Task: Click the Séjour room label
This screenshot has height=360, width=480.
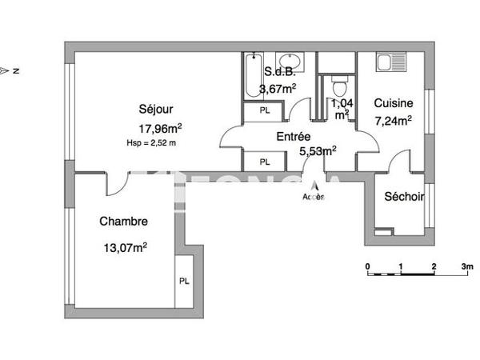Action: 156,110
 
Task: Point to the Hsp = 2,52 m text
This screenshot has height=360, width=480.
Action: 151,142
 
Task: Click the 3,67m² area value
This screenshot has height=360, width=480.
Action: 290,88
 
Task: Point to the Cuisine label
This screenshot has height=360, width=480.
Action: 393,103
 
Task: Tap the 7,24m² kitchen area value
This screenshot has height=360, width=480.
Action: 393,121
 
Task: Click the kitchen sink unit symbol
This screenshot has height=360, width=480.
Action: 392,62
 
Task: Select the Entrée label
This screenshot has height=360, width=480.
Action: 294,137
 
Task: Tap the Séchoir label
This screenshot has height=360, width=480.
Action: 404,197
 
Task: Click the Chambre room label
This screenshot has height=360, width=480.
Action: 123,222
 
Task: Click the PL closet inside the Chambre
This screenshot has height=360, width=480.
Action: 184,281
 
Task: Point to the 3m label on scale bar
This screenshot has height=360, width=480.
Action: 467,265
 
